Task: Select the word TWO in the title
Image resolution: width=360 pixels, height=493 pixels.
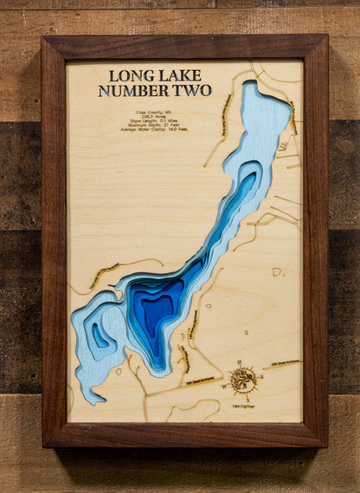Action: (x=192, y=91)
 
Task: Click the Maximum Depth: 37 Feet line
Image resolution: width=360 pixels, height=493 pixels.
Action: (x=155, y=123)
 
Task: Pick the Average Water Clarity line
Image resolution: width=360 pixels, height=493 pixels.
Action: (x=155, y=128)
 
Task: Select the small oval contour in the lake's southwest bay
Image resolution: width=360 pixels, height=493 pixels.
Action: (x=100, y=336)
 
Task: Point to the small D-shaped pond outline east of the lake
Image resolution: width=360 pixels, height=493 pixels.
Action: (x=277, y=272)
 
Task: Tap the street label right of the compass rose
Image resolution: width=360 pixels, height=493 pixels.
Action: (x=283, y=364)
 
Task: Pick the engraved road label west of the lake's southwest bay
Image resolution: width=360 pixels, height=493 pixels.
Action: (x=103, y=276)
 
